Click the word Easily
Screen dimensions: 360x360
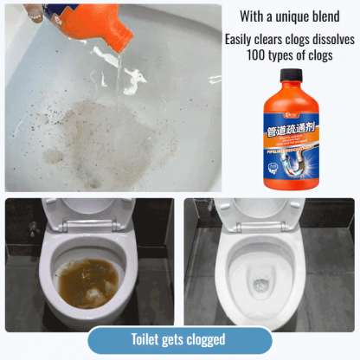241,40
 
